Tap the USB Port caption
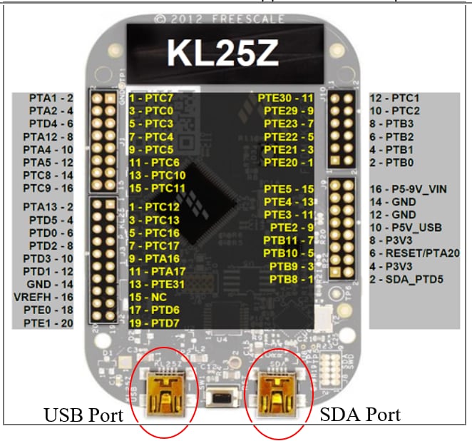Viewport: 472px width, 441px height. coord(84,415)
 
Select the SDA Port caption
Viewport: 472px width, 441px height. coord(359,414)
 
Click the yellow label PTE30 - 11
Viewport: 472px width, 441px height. coord(288,98)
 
